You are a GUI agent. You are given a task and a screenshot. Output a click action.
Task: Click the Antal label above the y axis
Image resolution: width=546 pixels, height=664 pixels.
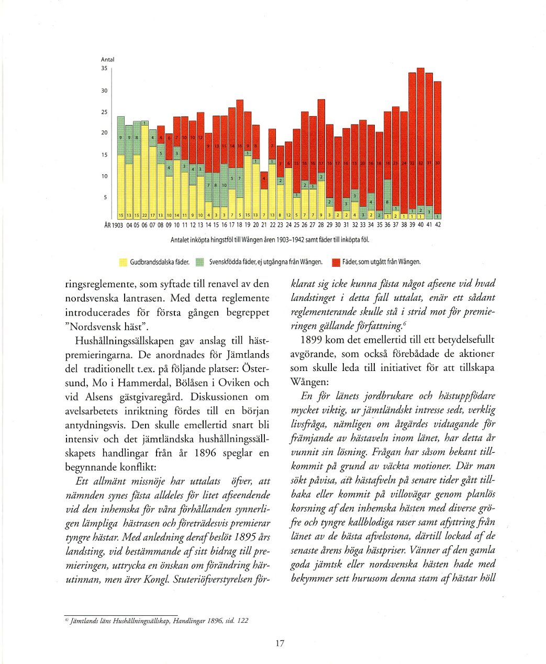(107, 60)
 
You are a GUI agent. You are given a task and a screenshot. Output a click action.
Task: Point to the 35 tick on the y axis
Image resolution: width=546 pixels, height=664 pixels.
(104, 68)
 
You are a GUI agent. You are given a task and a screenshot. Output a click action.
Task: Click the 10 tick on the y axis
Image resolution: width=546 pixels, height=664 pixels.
(104, 176)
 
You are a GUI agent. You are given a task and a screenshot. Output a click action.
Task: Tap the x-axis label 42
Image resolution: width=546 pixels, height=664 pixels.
(438, 225)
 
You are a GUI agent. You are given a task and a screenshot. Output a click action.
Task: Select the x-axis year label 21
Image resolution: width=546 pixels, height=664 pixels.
(264, 225)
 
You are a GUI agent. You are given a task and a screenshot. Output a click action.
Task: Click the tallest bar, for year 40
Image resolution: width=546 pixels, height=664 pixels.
(420, 141)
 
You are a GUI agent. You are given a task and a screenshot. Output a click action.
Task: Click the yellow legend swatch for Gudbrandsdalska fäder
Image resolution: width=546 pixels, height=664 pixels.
(124, 262)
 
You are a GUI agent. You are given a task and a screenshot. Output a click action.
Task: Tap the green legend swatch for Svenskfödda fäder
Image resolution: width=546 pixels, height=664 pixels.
(199, 262)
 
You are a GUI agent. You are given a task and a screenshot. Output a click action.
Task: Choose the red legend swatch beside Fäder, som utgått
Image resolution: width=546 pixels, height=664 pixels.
(337, 262)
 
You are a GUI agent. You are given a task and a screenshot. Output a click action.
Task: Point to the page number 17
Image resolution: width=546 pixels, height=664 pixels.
(280, 643)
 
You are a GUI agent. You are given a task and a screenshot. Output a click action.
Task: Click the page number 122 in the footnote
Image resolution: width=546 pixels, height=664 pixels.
(242, 621)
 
